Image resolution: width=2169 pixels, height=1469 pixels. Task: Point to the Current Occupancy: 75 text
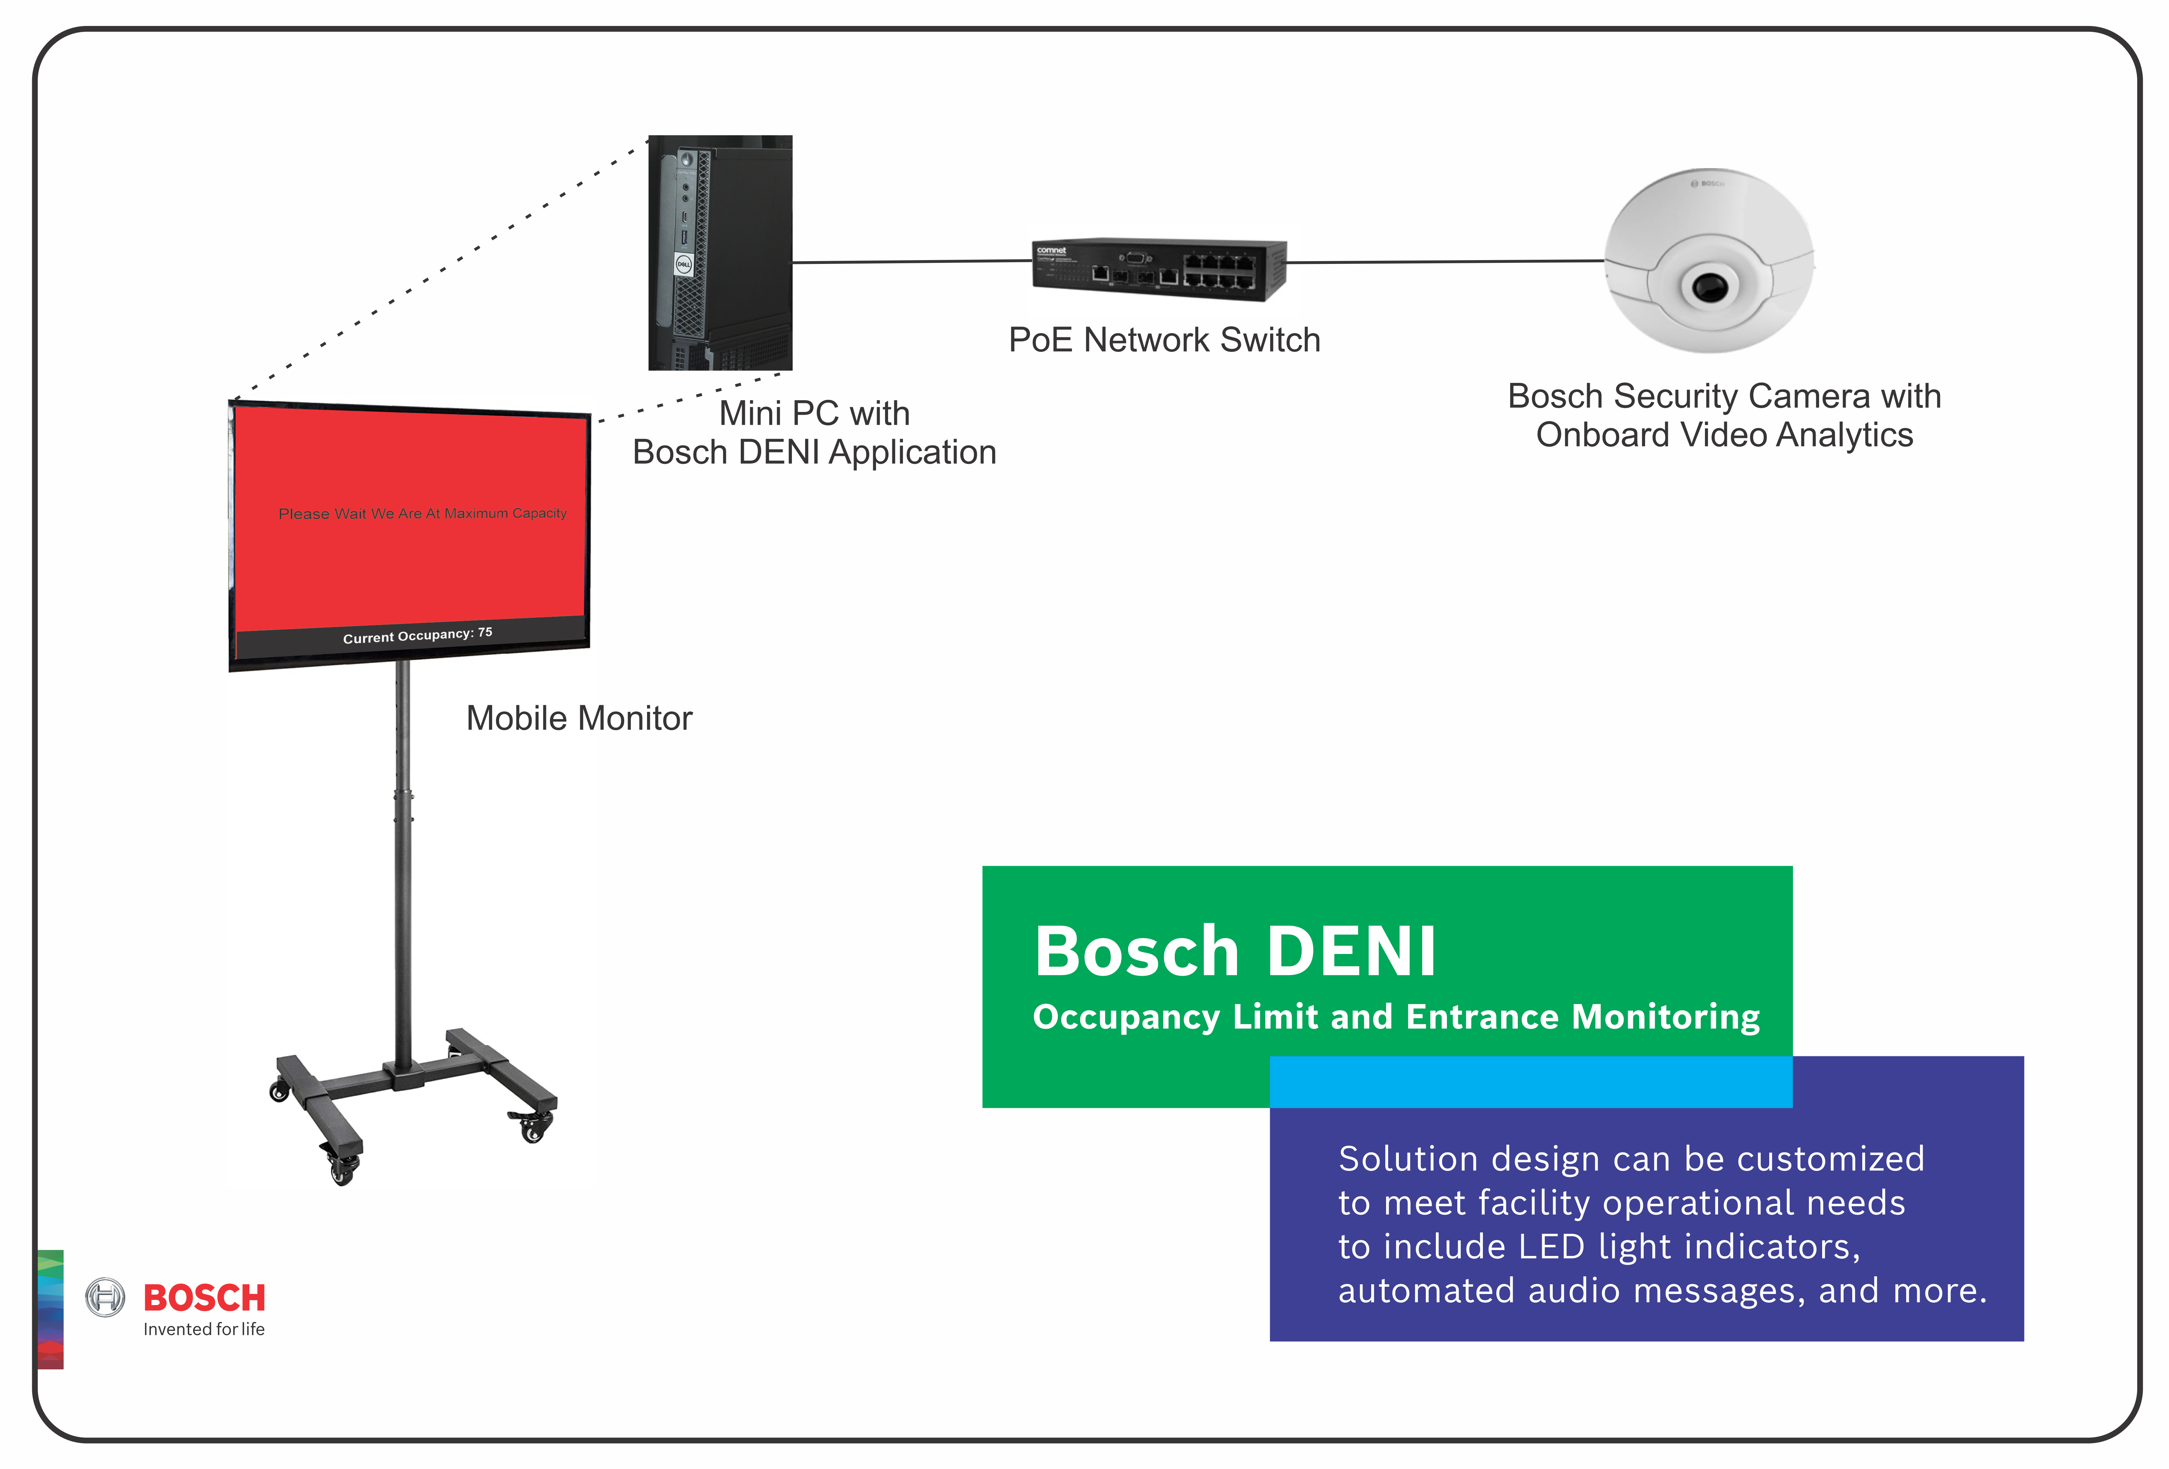tap(417, 635)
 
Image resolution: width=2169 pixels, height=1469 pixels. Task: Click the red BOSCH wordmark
tap(204, 1297)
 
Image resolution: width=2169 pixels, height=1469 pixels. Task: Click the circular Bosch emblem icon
tap(105, 1297)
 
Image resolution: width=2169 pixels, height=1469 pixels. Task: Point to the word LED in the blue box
tap(1551, 1247)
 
